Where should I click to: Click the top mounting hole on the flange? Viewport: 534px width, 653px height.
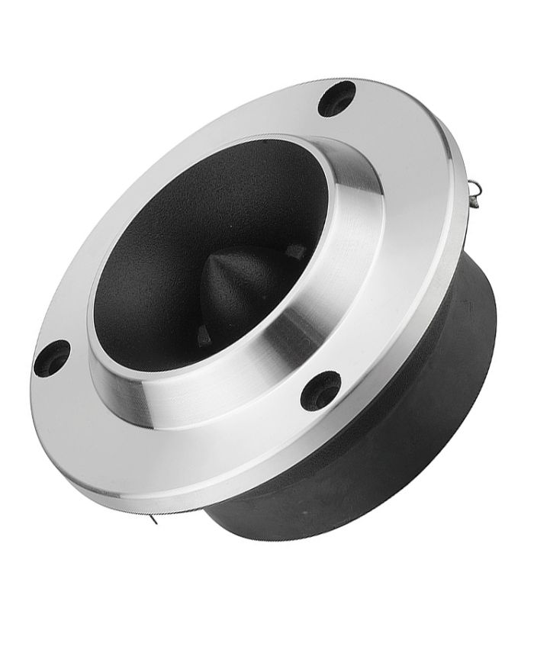[x=336, y=98]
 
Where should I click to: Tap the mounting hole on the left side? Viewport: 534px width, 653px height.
[x=52, y=358]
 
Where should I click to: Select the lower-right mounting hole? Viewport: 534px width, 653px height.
[x=320, y=390]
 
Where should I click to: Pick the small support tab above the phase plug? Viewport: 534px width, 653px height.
[x=294, y=250]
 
